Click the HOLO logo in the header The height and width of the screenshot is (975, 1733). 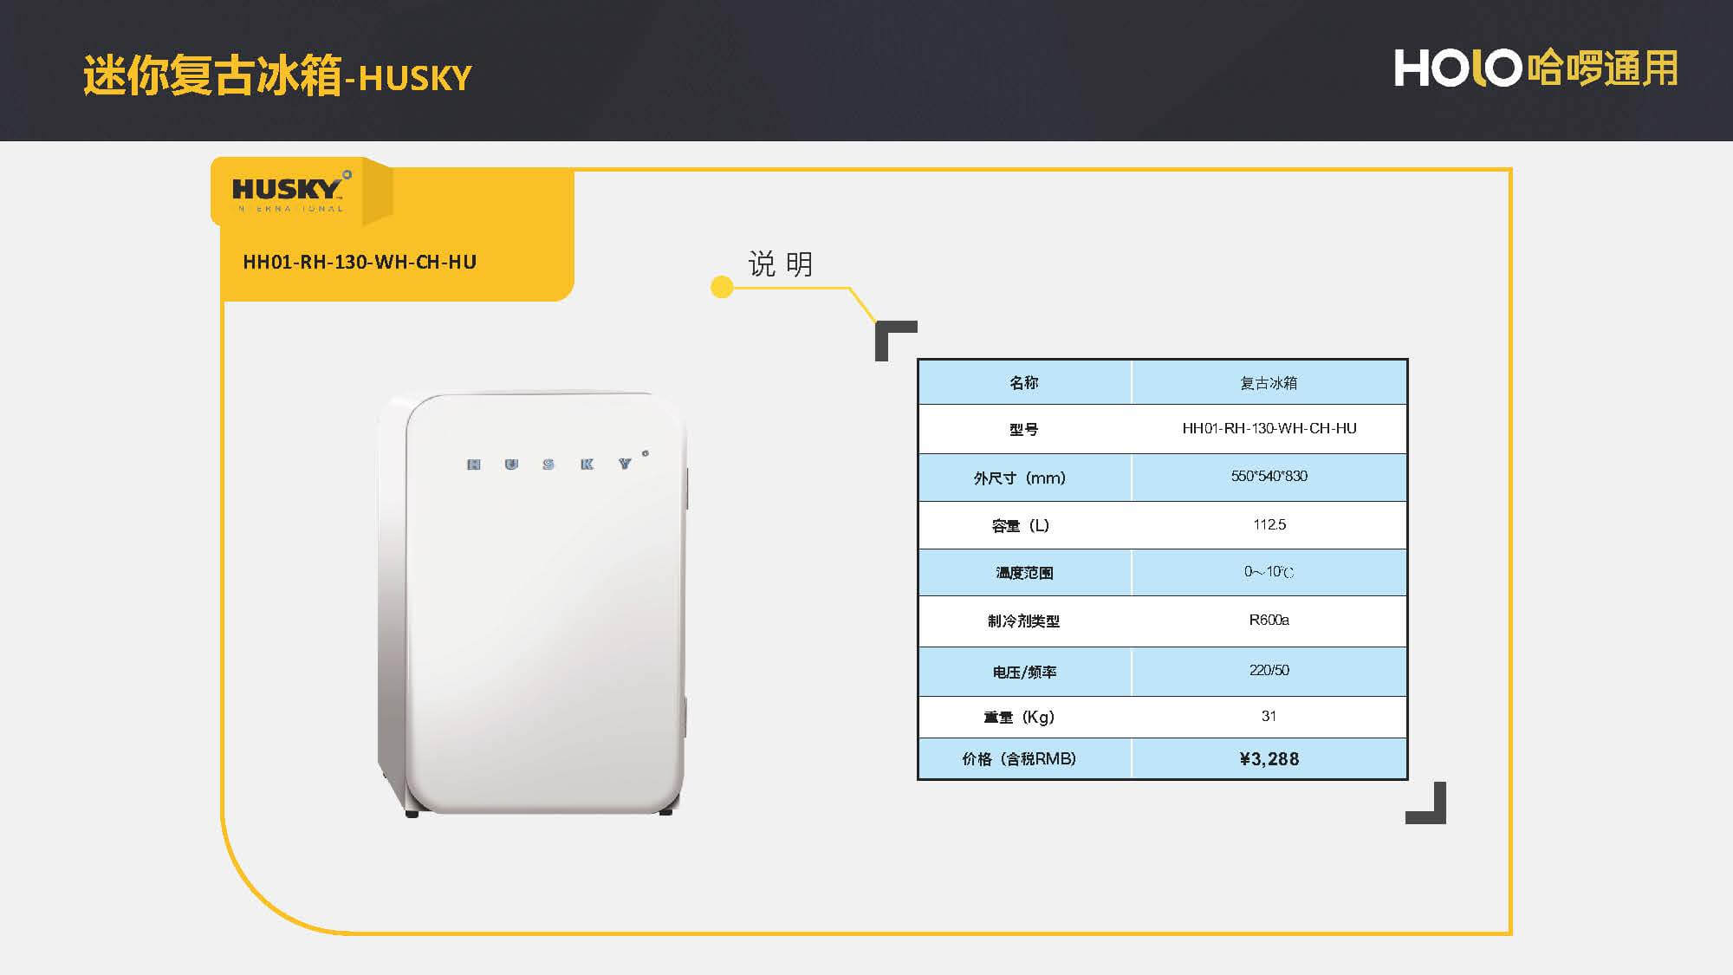pyautogui.click(x=1458, y=68)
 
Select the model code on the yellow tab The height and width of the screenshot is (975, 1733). pyautogui.click(x=360, y=262)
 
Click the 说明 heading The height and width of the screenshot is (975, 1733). pyautogui.click(x=780, y=264)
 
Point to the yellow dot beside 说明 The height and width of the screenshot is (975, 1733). pyautogui.click(x=722, y=287)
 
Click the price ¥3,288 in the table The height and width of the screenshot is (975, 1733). pyautogui.click(x=1269, y=759)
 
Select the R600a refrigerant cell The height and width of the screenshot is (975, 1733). pyautogui.click(x=1269, y=620)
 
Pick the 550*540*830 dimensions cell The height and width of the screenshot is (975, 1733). pyautogui.click(x=1269, y=476)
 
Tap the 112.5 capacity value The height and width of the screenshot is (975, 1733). pyautogui.click(x=1269, y=524)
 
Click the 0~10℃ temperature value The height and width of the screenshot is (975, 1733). pyautogui.click(x=1269, y=572)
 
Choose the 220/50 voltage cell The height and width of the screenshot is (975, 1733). pyautogui.click(x=1269, y=670)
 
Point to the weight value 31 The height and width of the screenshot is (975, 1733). pyautogui.click(x=1269, y=716)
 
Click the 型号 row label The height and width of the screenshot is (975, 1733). pyautogui.click(x=1023, y=429)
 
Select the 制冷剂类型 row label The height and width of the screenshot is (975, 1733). pyautogui.click(x=1023, y=621)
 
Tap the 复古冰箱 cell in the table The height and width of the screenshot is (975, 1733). pyautogui.click(x=1269, y=383)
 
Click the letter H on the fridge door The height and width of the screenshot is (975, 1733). pyautogui.click(x=474, y=465)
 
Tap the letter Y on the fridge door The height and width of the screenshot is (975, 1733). pyautogui.click(x=625, y=465)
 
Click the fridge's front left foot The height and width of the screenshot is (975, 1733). pyautogui.click(x=412, y=813)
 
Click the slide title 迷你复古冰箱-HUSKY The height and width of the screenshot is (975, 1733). pyautogui.click(x=277, y=76)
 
